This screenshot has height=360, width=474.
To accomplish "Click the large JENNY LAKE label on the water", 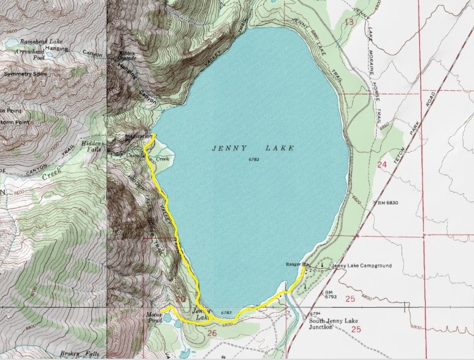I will coord(253,148).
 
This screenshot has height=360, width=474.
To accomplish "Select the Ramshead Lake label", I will coord(39,41).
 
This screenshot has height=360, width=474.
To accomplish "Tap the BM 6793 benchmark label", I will coord(329,295).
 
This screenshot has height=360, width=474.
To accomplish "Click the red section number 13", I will coord(349,22).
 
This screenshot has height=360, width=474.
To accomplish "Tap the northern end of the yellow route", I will coord(154,135).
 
